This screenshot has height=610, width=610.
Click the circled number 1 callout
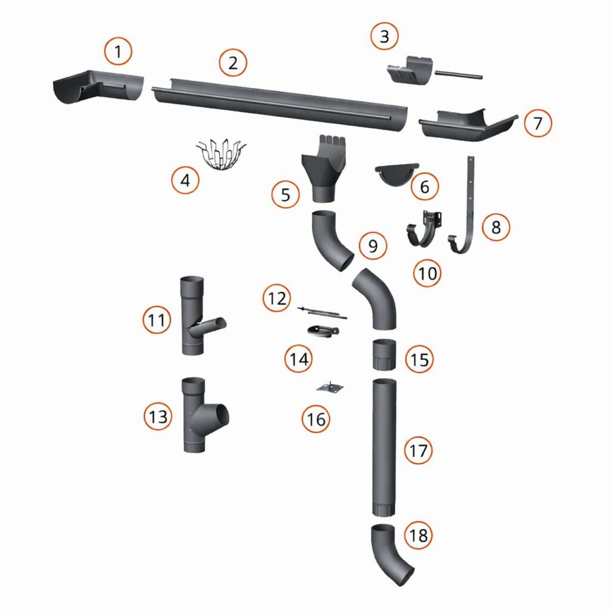[118, 51]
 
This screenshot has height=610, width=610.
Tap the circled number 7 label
[538, 123]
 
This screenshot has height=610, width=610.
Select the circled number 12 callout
[277, 298]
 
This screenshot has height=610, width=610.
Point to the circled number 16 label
[316, 419]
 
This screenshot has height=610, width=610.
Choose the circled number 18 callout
[419, 536]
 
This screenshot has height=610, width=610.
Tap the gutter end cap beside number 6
[396, 175]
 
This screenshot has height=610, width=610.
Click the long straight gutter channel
[279, 104]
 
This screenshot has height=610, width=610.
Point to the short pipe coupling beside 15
[384, 354]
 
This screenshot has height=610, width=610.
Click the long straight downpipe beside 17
[384, 447]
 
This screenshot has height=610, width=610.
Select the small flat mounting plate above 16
[330, 387]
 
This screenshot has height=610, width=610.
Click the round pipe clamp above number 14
[322, 331]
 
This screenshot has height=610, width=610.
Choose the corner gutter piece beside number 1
[98, 88]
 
